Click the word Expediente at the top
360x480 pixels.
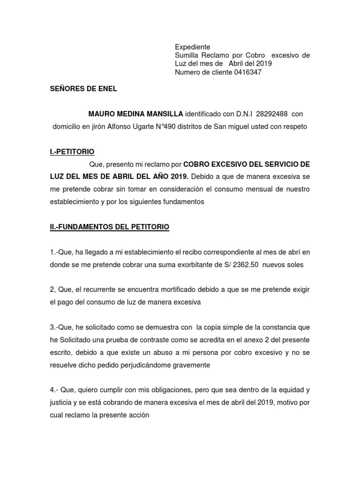(193, 47)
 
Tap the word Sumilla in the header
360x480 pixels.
(187, 55)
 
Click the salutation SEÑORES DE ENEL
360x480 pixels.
(83, 89)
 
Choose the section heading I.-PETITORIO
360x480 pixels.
(72, 152)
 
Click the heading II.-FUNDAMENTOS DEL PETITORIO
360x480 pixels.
(110, 227)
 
